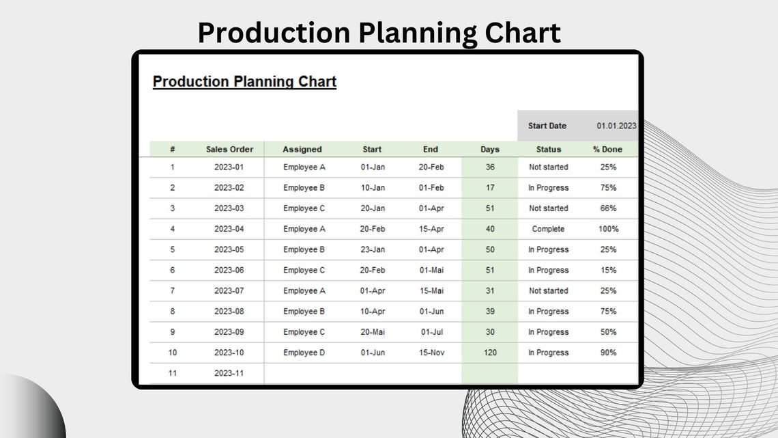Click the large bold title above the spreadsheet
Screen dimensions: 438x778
[x=379, y=33]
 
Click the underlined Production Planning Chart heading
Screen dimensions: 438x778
[x=244, y=81]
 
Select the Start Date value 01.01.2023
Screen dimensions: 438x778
[x=616, y=126]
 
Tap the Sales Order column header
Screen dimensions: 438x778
[x=229, y=149]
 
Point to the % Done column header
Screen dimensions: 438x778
[x=607, y=149]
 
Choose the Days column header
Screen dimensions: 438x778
[x=489, y=149]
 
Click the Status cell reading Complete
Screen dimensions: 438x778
[x=548, y=229]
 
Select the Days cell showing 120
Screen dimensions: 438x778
[x=489, y=353]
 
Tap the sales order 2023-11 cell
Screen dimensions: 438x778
[x=229, y=373]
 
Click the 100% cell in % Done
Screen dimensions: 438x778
[x=608, y=229]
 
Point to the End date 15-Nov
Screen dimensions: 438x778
[x=431, y=353]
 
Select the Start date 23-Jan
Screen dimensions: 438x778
[x=373, y=249]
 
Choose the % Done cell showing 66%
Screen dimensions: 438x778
[x=607, y=208]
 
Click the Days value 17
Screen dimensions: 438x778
[x=490, y=187]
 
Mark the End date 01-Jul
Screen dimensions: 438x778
[x=431, y=332]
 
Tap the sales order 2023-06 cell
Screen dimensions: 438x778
[x=229, y=270]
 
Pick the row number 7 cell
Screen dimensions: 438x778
[x=173, y=290]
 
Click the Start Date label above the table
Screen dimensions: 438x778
[x=547, y=126]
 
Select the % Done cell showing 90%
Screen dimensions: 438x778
[x=607, y=353]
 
